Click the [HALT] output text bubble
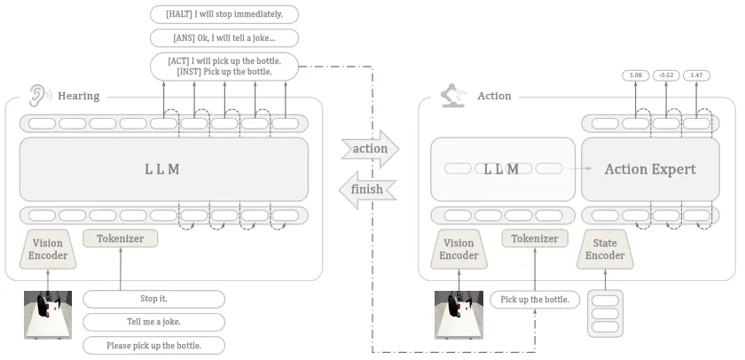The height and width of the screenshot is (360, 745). (x=223, y=14)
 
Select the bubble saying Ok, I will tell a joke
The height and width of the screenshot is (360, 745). (x=223, y=38)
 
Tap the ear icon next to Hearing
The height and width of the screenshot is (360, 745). (x=37, y=95)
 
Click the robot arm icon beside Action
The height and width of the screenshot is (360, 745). (x=453, y=95)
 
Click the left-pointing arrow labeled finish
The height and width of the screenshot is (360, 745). (x=368, y=189)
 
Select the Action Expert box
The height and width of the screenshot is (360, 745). (x=649, y=169)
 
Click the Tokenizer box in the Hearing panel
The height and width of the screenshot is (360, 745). (x=120, y=238)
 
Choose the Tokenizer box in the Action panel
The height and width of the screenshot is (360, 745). (x=535, y=239)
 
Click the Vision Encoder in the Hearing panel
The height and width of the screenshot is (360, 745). (x=48, y=249)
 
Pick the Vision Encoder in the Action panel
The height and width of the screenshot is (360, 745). (x=459, y=249)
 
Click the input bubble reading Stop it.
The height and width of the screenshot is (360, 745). (x=153, y=299)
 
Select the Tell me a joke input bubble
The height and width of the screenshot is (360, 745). (x=153, y=322)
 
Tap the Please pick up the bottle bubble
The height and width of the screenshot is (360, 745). (x=153, y=345)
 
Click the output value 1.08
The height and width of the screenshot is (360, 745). (x=635, y=75)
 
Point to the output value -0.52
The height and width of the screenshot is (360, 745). (x=666, y=75)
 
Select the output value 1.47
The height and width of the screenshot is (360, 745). (x=696, y=75)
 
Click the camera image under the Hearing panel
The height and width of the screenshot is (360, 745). (x=48, y=315)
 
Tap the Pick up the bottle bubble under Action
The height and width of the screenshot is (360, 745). (x=535, y=300)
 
